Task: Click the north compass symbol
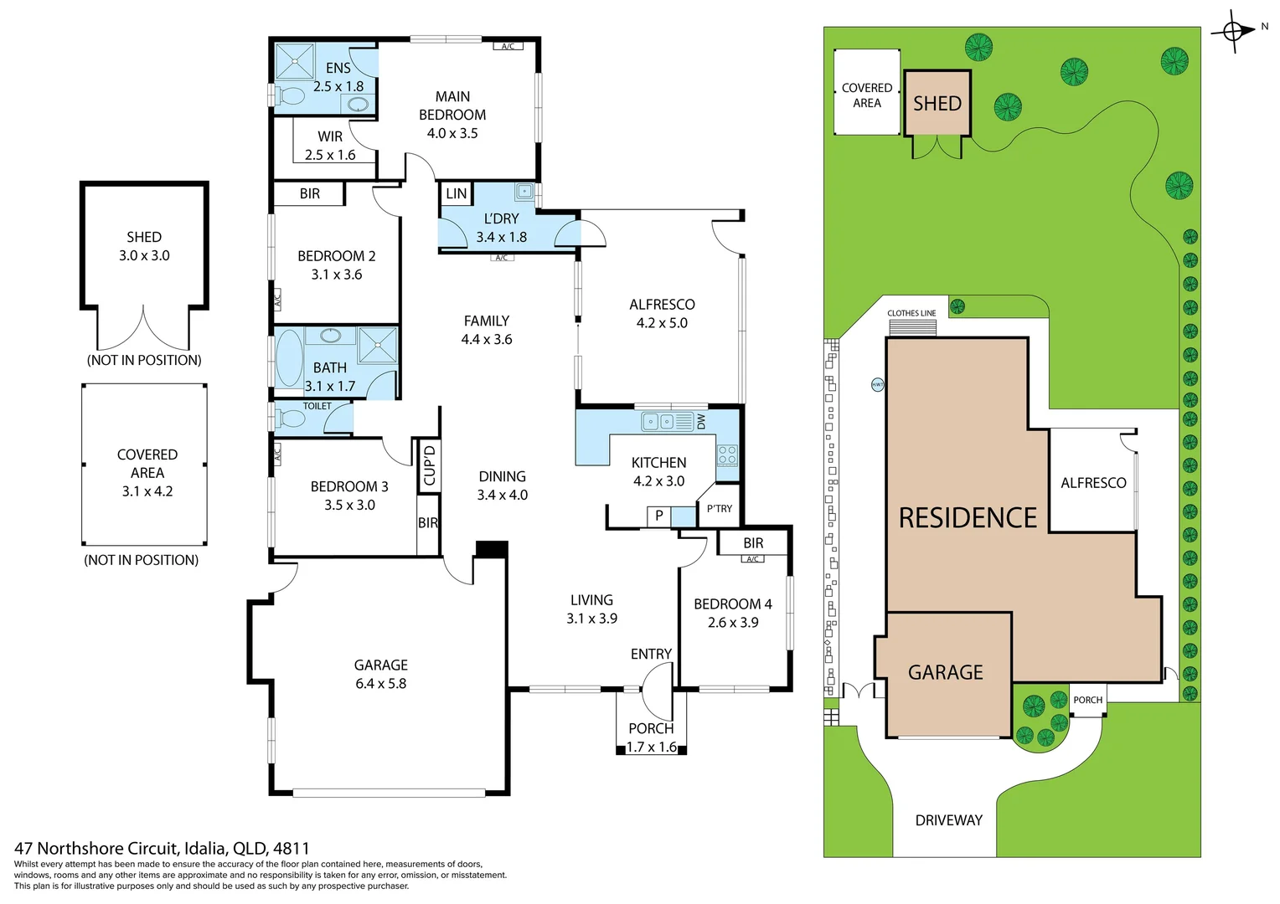1233,31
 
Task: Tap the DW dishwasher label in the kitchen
702,421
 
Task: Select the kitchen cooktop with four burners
727,455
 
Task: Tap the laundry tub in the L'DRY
524,191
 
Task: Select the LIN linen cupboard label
456,193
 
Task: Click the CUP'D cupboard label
430,465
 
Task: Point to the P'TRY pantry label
720,508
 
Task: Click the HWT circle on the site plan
877,384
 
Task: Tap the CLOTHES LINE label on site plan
911,313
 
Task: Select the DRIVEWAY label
948,820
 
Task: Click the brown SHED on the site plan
937,103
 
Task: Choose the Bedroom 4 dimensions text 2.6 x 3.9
733,623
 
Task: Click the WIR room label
330,136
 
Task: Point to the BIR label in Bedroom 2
310,193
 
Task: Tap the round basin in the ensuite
358,104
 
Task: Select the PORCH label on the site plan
1087,700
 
